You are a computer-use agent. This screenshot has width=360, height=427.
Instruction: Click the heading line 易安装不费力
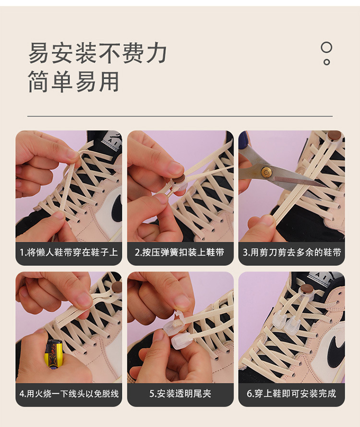tap(97, 53)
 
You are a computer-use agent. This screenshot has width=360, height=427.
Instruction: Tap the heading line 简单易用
tap(73, 82)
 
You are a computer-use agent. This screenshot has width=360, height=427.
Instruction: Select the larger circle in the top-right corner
tap(326, 47)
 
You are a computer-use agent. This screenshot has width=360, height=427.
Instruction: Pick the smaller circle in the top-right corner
tap(326, 61)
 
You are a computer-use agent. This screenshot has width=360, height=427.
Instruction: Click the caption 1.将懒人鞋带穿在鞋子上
tap(69, 252)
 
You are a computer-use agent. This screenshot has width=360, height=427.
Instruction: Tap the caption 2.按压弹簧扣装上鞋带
tap(180, 252)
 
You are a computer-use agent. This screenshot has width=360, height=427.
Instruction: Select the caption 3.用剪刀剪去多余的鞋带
tap(291, 252)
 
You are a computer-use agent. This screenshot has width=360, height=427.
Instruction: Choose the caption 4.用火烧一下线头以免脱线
tap(69, 393)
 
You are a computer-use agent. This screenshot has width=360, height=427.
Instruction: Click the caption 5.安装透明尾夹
tap(180, 393)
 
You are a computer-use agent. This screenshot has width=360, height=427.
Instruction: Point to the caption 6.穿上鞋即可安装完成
tap(291, 393)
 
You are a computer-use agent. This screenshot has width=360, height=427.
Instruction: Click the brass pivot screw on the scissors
tap(265, 171)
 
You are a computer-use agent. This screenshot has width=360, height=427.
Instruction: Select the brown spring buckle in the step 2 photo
tap(179, 179)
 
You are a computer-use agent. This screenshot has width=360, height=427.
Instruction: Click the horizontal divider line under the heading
tap(180, 116)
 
